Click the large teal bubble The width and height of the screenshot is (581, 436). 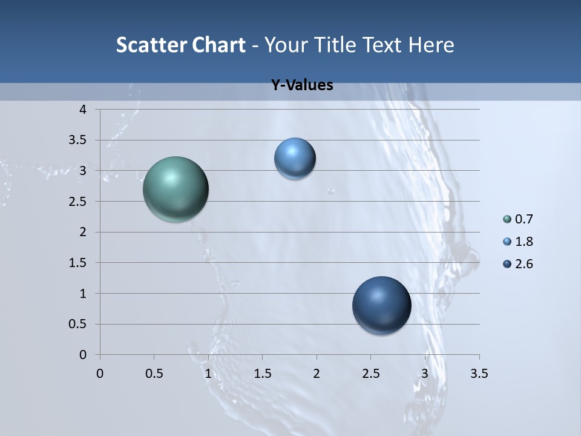176,189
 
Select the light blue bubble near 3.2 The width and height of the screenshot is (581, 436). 295,159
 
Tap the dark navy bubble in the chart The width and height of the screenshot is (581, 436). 381,305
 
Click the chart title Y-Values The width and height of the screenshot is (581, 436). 301,85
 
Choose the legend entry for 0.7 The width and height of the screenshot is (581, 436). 518,219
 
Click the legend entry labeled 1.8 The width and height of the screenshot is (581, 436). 518,242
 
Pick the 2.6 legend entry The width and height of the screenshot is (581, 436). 518,264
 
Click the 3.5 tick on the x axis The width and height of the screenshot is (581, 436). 479,374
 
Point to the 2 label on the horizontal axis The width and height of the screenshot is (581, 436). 317,374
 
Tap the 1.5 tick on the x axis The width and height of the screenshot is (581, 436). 262,374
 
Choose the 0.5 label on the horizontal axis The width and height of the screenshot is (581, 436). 154,374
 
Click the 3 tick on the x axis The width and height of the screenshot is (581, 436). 425,374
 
